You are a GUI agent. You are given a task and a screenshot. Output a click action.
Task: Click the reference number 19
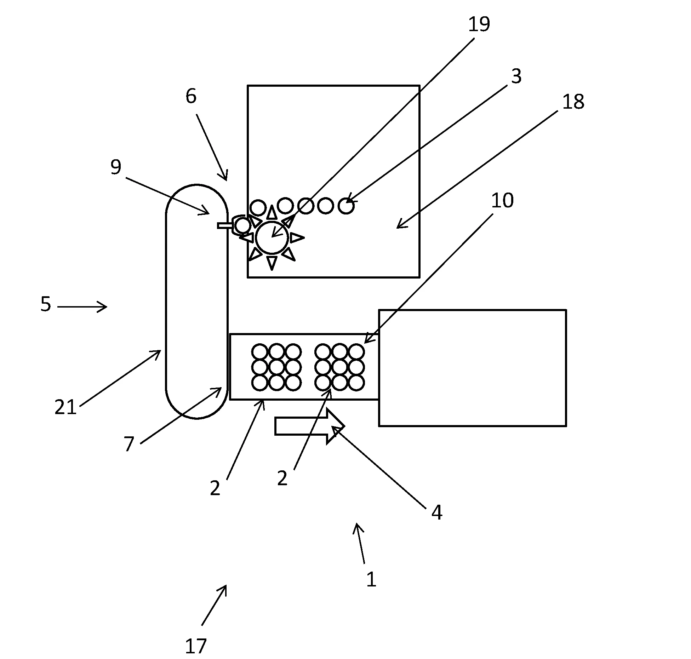[479, 24]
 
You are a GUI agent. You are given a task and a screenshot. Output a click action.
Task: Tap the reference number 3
[516, 76]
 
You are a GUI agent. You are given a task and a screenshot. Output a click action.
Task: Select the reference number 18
[573, 102]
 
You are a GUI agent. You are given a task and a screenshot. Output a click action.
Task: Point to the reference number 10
[502, 201]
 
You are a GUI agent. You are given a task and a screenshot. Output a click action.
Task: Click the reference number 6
[191, 96]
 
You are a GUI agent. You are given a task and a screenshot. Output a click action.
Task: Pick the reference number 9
[116, 167]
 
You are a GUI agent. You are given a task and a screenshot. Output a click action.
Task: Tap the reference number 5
[46, 304]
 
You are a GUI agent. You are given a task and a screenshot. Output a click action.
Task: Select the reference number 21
[65, 407]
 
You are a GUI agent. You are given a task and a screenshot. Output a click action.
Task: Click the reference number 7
[129, 444]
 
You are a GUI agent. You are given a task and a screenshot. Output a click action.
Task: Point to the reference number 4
[437, 512]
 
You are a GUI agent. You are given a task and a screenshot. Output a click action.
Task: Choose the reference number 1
[371, 580]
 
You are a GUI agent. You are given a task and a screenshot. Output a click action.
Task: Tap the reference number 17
[195, 646]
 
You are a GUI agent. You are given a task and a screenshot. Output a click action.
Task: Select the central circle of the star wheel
[272, 238]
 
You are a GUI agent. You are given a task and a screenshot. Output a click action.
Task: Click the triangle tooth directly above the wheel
[272, 213]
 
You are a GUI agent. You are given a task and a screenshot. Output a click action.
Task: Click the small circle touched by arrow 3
[346, 206]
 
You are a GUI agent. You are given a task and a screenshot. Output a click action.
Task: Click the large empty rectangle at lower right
[472, 368]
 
